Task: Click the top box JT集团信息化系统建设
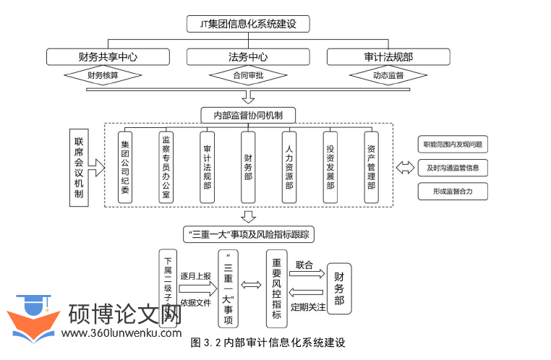coord(248,24)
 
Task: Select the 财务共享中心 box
coord(108,56)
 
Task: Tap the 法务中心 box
coord(248,56)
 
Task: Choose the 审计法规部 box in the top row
coord(388,56)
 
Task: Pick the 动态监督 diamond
coord(388,74)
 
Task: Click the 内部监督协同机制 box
coord(248,115)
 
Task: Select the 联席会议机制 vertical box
coord(79,168)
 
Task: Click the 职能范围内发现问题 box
coord(453,145)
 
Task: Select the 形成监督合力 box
coord(453,192)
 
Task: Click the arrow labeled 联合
coord(307,274)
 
